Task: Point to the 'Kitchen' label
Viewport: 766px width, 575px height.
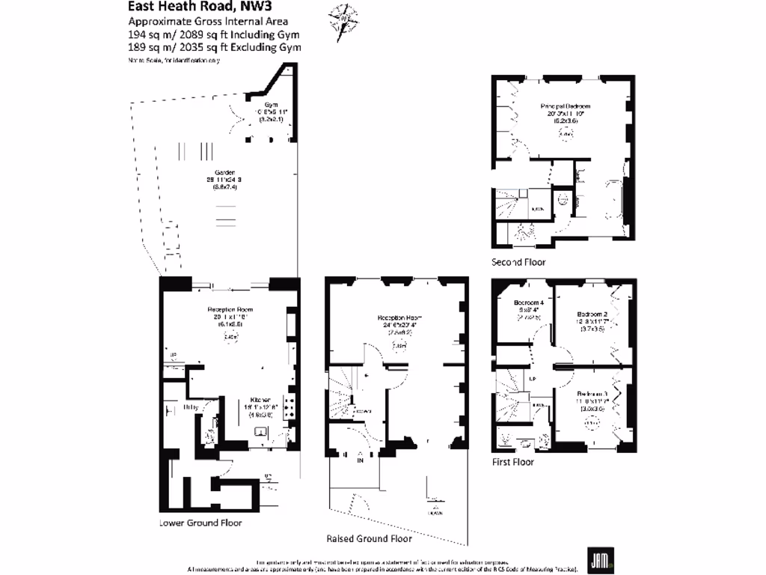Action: click(261, 399)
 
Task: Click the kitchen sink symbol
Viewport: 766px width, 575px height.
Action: click(261, 431)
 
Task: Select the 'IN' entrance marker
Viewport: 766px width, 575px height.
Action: click(361, 460)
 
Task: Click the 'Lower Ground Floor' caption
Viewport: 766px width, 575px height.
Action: click(200, 523)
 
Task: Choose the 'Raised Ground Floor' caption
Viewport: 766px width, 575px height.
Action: click(369, 538)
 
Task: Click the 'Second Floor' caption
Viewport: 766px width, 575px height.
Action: click(518, 262)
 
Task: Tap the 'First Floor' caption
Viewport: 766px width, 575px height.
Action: click(512, 462)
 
